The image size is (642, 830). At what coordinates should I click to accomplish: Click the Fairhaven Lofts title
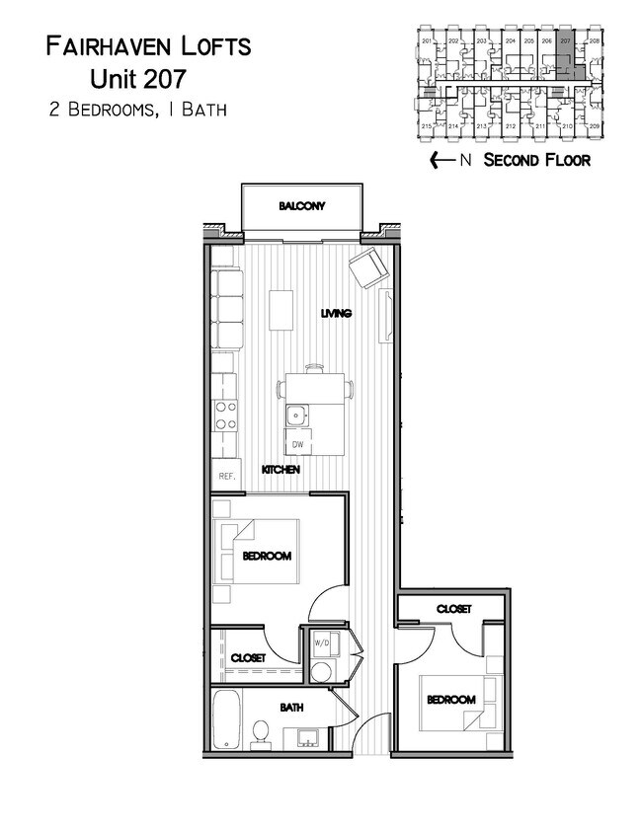pyautogui.click(x=148, y=45)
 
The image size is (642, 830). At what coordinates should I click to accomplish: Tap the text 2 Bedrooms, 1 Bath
pyautogui.click(x=138, y=110)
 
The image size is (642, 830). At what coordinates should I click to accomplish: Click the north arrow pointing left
pyautogui.click(x=437, y=160)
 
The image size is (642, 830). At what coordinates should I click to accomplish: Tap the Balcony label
pyautogui.click(x=301, y=206)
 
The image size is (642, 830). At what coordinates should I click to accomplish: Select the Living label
pyautogui.click(x=337, y=314)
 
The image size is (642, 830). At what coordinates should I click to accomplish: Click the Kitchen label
pyautogui.click(x=281, y=470)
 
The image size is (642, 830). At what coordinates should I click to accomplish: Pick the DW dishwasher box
pyautogui.click(x=296, y=443)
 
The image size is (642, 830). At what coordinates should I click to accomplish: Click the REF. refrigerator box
pyautogui.click(x=226, y=475)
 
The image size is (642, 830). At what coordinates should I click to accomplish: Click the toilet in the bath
pyautogui.click(x=262, y=731)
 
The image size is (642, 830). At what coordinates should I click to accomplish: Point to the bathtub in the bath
pyautogui.click(x=226, y=721)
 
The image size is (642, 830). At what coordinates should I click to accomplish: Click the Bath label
pyautogui.click(x=290, y=708)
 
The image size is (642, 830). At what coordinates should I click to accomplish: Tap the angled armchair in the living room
pyautogui.click(x=366, y=266)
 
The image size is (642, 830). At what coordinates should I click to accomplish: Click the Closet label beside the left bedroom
pyautogui.click(x=248, y=658)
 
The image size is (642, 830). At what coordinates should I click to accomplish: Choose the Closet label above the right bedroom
pyautogui.click(x=453, y=609)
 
